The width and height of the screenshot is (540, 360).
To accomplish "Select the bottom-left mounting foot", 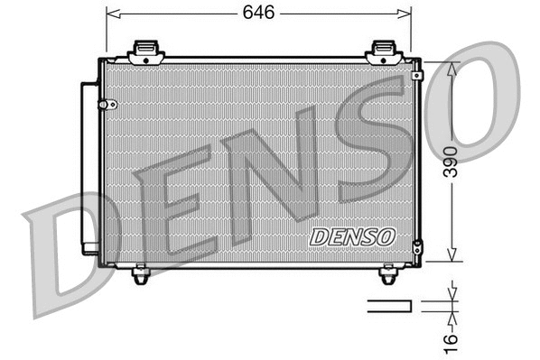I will (x=140, y=273).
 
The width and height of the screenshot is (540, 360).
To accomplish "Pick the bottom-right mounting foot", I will (x=388, y=273).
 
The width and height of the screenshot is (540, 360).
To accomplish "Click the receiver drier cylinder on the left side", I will (x=89, y=168).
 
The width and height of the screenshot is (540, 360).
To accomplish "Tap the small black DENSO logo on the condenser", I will (x=352, y=235).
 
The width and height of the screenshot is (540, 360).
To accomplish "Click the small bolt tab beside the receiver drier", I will (x=113, y=105).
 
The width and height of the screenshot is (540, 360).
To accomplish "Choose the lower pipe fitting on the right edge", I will (x=416, y=246).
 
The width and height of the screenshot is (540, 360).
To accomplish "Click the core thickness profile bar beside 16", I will (x=388, y=306).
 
